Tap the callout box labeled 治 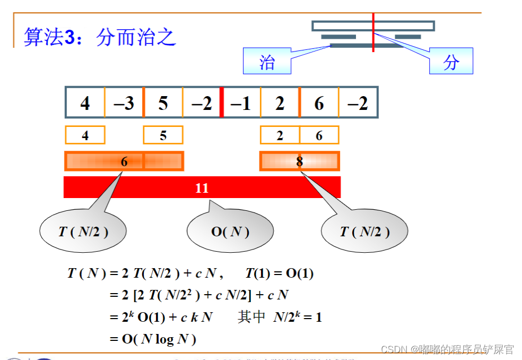267,61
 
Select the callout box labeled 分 450,61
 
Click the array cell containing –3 124,103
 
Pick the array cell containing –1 241,103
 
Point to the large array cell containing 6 319,103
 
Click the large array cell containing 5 163,103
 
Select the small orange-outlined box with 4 85,135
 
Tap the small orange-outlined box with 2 280,135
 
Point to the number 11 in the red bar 202,188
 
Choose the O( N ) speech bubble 230,232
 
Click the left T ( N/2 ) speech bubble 83,232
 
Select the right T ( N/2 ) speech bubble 364,232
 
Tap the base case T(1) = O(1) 280,274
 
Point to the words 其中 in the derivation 251,317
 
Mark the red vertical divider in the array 222,102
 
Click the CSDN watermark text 447,349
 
